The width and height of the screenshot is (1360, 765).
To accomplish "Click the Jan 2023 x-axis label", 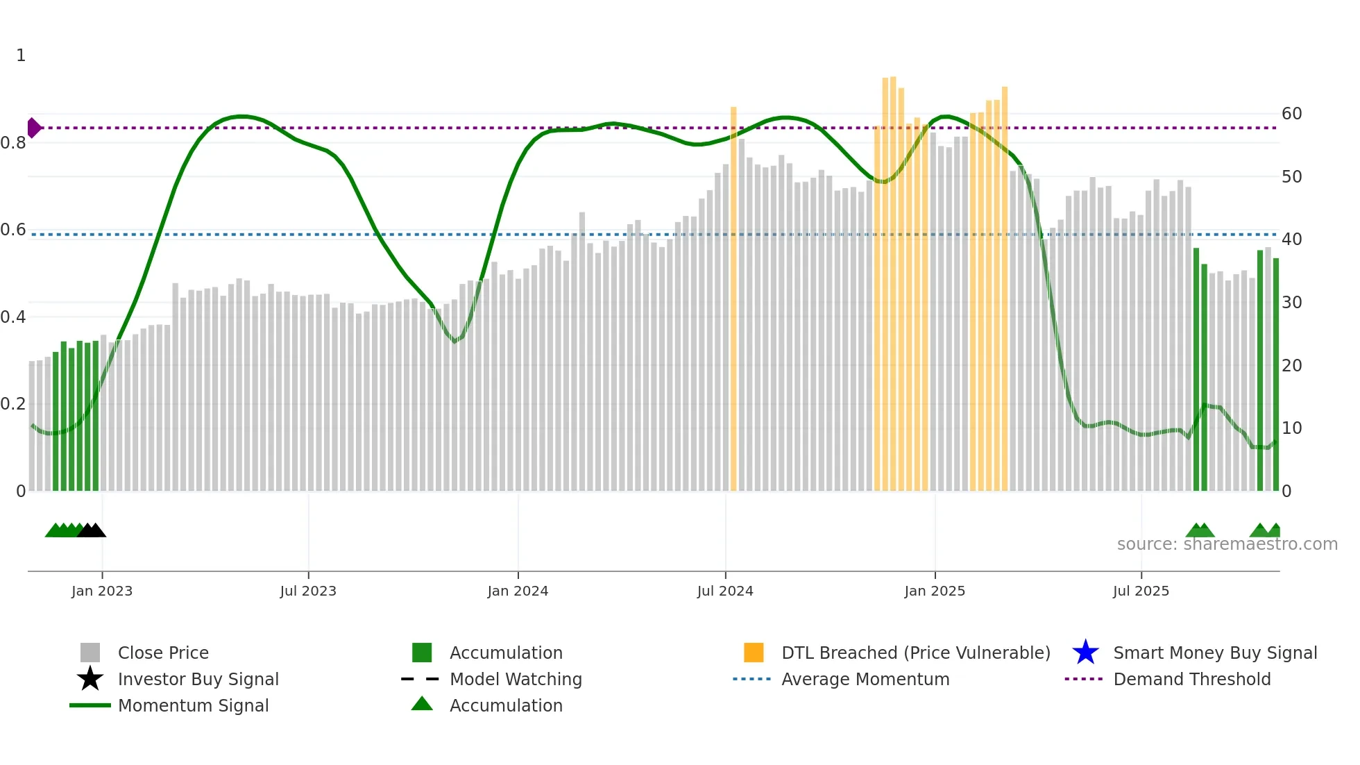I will coord(101,591).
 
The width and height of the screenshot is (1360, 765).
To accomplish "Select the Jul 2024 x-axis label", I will coord(724,591).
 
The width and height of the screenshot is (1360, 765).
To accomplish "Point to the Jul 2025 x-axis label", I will coord(1141,591).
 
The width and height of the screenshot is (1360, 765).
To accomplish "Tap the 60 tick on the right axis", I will coord(1291,114).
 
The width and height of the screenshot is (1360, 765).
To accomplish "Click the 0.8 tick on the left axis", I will coord(13,143).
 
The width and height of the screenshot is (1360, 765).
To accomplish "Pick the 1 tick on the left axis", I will coord(21,56).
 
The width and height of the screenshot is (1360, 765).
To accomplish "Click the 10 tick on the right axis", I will coord(1291,428).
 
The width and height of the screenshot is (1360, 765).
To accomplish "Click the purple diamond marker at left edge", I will coord(33,128).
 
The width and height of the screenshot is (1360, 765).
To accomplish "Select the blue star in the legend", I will coord(1085,653).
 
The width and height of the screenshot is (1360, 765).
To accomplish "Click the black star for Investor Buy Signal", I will coord(90,679).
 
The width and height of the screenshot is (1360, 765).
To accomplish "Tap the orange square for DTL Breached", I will coord(754,653).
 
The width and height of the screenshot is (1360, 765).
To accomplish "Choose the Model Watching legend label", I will coord(516,679).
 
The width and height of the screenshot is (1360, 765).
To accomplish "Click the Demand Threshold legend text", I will coord(1191,679).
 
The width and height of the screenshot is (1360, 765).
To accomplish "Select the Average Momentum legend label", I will coord(865,679).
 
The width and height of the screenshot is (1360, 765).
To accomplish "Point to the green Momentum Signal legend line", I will coord(90,705).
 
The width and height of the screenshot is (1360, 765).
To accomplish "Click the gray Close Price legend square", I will coord(90,653).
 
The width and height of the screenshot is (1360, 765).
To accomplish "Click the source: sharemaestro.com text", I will coord(1227,544).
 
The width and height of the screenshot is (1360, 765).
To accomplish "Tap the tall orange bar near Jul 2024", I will coord(733,299).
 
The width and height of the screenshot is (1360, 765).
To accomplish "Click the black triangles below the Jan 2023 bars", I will coord(92,530).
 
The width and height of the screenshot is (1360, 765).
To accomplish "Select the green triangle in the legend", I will coord(422,704).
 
